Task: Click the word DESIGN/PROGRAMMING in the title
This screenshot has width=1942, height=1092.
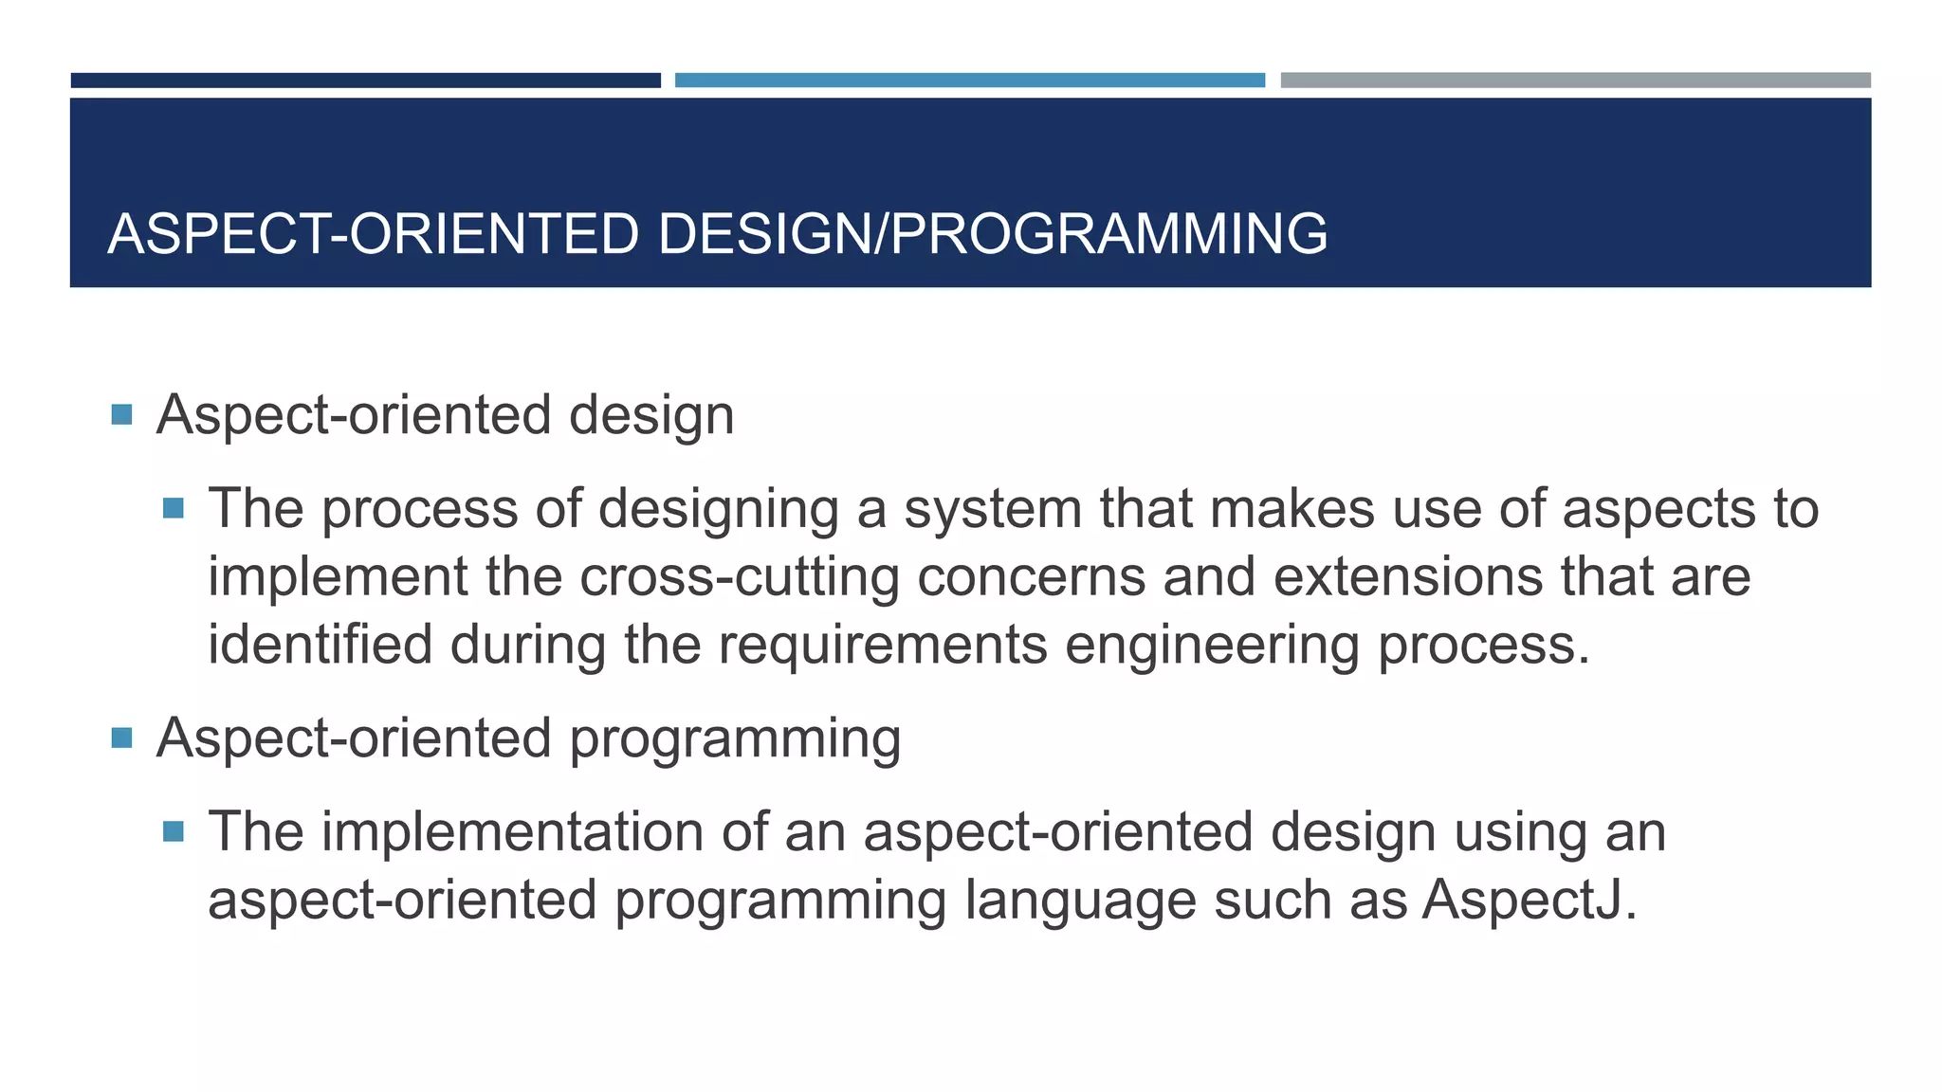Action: point(992,234)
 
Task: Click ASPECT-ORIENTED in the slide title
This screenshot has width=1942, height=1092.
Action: point(374,234)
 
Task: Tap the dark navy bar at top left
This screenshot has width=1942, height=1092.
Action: point(365,81)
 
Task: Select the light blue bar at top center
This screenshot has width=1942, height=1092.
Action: point(969,81)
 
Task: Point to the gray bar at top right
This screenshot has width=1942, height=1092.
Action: point(1575,81)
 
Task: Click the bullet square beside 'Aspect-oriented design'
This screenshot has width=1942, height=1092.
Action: point(121,414)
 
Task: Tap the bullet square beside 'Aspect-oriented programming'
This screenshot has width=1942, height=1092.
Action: point(121,737)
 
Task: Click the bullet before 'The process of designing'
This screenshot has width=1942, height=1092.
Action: point(173,509)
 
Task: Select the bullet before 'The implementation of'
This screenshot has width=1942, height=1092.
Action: point(173,831)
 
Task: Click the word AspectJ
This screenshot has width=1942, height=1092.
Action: point(1529,900)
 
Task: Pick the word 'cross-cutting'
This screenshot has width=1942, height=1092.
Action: point(740,577)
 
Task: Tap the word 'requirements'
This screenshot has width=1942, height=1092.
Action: point(882,646)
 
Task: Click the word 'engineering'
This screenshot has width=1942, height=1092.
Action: point(1212,646)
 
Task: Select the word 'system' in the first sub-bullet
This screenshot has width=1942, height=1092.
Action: point(993,509)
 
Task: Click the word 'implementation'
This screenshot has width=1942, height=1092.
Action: point(512,831)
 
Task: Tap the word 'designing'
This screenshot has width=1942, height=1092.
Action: point(719,509)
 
